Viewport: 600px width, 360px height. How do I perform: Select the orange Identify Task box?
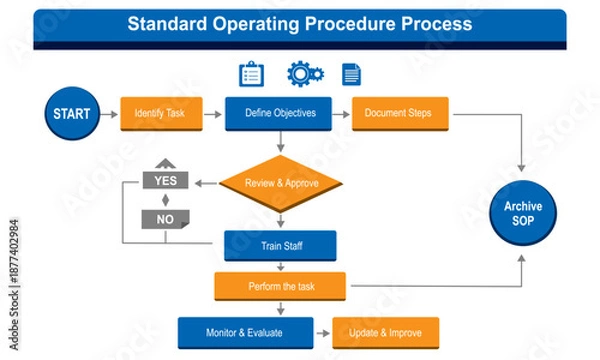pos(160,113)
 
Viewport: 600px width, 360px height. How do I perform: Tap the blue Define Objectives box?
pos(280,113)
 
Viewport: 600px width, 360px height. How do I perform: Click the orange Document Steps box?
pos(398,113)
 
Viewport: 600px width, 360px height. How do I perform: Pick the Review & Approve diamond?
pos(280,183)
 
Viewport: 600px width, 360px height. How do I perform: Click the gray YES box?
pos(166,181)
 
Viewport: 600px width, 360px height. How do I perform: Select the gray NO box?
pos(166,218)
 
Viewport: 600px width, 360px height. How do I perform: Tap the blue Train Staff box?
pos(280,245)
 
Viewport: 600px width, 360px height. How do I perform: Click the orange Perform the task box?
pos(280,287)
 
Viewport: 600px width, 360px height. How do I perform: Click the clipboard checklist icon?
pos(251,74)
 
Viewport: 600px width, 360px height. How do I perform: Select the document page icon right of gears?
pos(351,74)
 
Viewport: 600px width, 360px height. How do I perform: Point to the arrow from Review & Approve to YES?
pos(205,183)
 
